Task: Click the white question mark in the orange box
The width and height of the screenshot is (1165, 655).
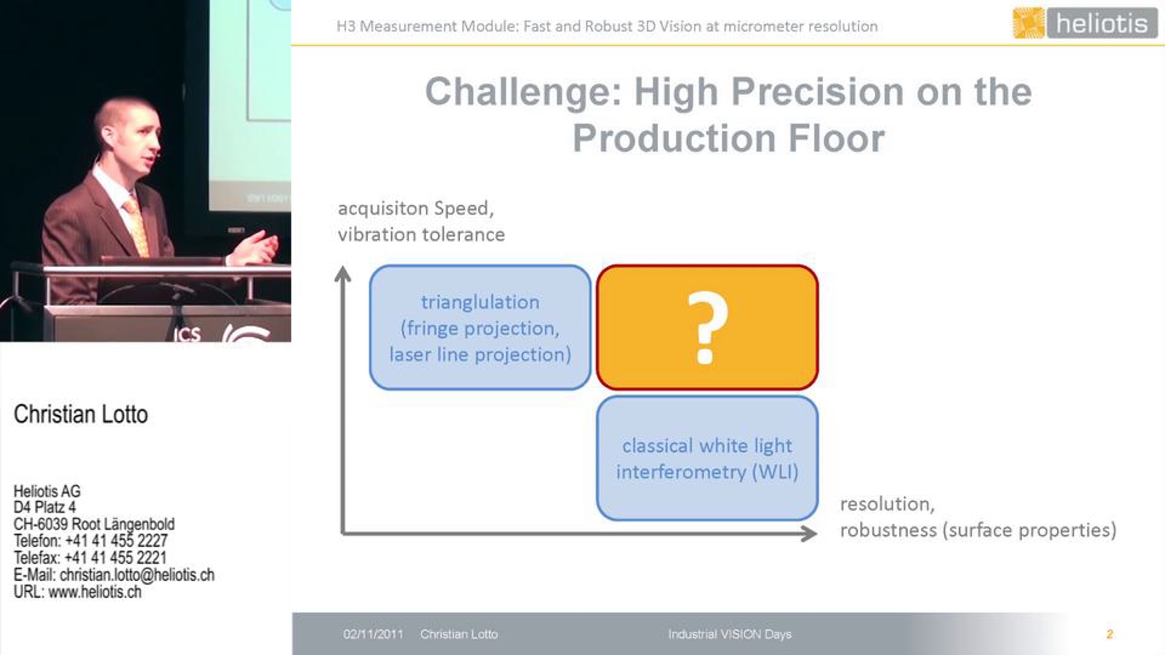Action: pos(708,327)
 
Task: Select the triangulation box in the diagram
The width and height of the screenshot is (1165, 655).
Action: pos(480,327)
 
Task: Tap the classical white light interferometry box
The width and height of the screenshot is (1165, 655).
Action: pos(707,458)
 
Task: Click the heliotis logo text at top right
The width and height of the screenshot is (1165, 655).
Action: pos(1102,23)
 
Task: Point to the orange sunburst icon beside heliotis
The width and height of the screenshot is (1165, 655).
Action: pos(1029,23)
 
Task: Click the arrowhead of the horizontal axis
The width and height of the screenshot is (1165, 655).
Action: pos(809,534)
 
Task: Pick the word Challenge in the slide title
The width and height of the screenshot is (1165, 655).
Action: pos(523,92)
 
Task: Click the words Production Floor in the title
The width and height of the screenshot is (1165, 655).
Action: pos(729,138)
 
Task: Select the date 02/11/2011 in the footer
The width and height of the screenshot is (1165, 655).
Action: pos(373,634)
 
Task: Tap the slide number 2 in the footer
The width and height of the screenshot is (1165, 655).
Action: pos(1110,634)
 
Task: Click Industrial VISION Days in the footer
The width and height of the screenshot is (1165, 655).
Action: pos(730,634)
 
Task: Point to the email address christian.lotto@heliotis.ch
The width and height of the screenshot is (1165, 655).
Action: pos(137,575)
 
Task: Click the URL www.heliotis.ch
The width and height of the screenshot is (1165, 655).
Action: pos(95,592)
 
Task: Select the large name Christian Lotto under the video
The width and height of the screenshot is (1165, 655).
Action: pos(81,414)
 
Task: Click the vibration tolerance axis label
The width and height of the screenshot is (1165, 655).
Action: pos(421,235)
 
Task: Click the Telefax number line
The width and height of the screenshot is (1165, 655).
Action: pos(90,558)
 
